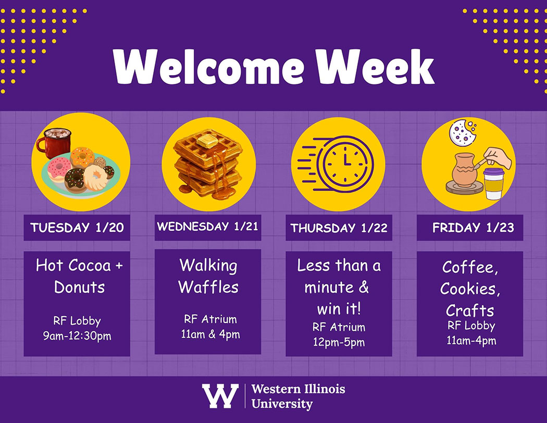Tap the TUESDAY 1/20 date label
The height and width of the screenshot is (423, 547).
point(77,228)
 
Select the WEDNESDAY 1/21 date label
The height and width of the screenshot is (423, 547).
point(207,227)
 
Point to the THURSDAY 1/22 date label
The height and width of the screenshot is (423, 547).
point(339,228)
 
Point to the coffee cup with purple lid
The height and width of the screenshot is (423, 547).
point(493,183)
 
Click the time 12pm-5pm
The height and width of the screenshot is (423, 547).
point(339,342)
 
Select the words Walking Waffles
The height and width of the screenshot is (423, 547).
point(208,276)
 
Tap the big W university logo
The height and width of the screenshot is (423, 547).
point(220,396)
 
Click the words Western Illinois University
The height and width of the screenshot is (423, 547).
point(297,396)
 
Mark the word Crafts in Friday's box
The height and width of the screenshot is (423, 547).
point(470,310)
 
